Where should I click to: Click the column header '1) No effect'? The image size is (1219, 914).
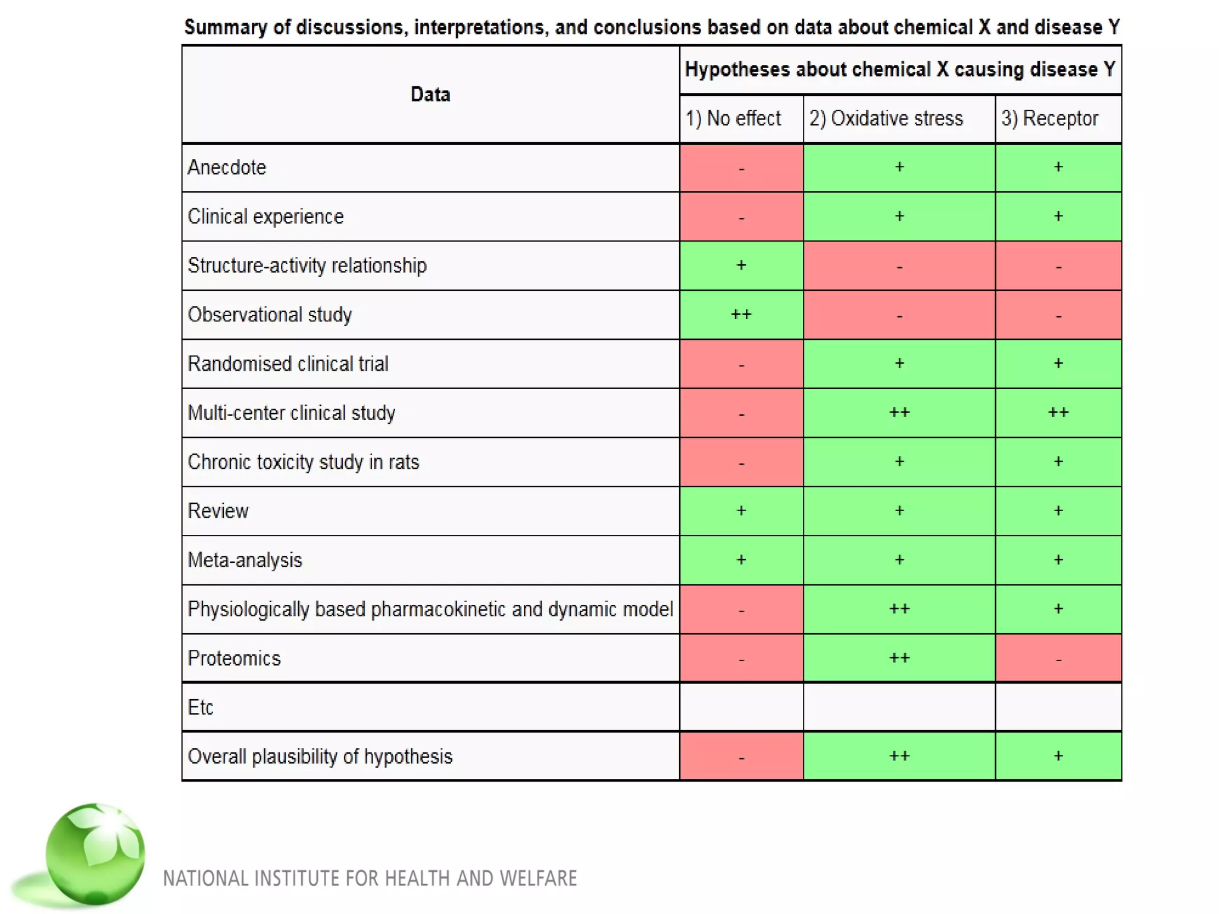733,118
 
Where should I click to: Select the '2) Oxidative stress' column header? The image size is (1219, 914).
886,118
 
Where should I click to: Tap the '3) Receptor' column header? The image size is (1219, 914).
1049,118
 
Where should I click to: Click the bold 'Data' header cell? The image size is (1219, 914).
430,95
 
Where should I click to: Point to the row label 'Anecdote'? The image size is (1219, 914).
227,168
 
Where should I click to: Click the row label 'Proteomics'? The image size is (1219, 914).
234,659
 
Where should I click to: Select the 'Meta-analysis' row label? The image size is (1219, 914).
245,561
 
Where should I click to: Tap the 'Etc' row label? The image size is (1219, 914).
200,708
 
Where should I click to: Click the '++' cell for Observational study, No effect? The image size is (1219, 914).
741,315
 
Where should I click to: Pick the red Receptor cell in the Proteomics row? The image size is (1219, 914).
1058,659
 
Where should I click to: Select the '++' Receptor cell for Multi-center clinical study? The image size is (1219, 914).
1058,413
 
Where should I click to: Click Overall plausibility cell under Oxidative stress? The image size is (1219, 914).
899,756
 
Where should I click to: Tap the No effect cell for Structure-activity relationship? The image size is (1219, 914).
741,265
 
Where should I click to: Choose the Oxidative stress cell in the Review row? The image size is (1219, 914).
899,511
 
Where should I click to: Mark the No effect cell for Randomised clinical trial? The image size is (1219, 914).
741,364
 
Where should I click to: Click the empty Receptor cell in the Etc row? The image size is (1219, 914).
1058,708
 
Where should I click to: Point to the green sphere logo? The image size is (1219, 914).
95,854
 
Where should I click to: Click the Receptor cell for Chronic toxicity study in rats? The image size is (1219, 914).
1058,462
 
